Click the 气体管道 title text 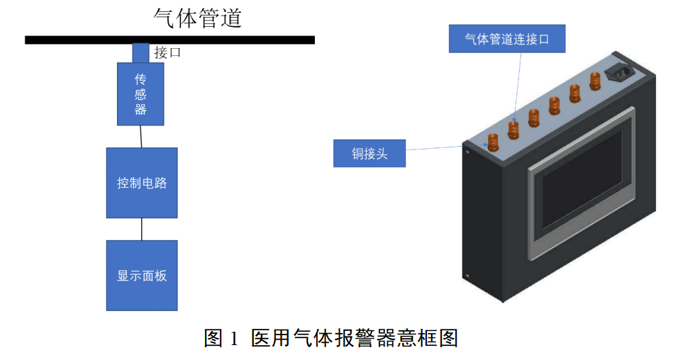[x=198, y=18]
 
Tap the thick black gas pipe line [x=170, y=40]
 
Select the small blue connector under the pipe [x=140, y=53]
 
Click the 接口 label [x=167, y=53]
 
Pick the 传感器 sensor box [x=140, y=94]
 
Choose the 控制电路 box [x=142, y=183]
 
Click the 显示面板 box [x=142, y=276]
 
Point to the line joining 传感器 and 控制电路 [x=141, y=137]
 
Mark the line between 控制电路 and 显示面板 [x=142, y=229]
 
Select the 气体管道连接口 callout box [x=507, y=38]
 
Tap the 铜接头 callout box [x=369, y=153]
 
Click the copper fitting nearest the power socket [x=594, y=81]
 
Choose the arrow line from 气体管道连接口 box [x=518, y=85]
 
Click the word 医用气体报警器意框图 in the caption [x=355, y=338]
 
